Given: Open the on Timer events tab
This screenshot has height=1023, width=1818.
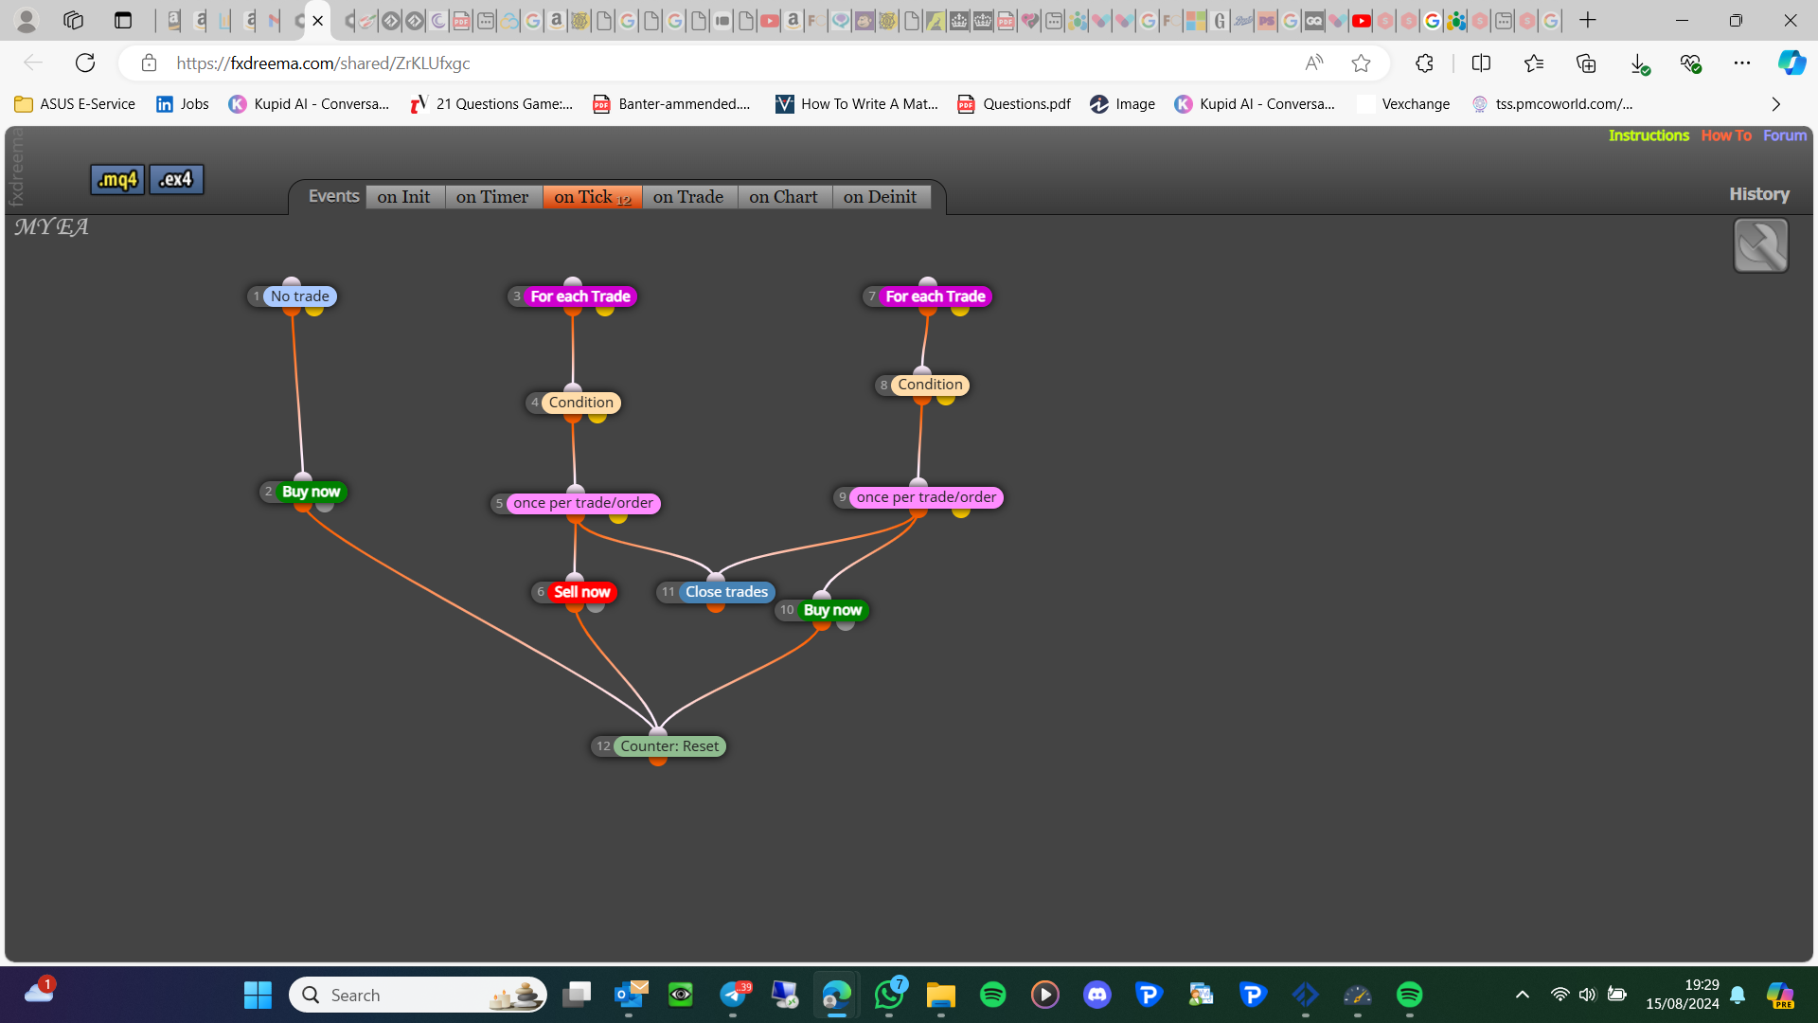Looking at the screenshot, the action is [492, 197].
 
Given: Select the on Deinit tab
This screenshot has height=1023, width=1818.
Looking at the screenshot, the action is [880, 197].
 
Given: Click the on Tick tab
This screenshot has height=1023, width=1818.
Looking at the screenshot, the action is [592, 197].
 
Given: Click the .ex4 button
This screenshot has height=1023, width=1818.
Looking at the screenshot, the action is [176, 179].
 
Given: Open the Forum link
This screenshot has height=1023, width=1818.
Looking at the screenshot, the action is [1785, 135].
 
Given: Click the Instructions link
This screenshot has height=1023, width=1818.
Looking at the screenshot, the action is [1649, 135].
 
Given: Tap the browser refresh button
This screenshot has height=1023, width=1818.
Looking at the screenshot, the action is [85, 63].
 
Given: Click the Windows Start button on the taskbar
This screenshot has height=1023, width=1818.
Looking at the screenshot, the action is [258, 995].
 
